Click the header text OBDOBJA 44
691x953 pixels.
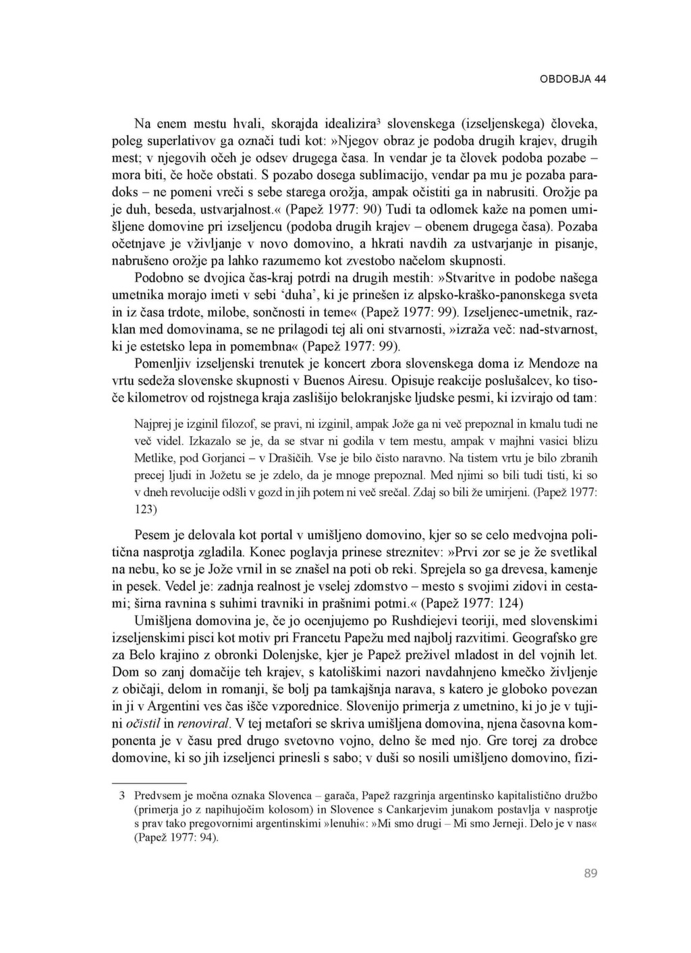click(573, 79)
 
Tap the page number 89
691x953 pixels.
click(590, 873)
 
